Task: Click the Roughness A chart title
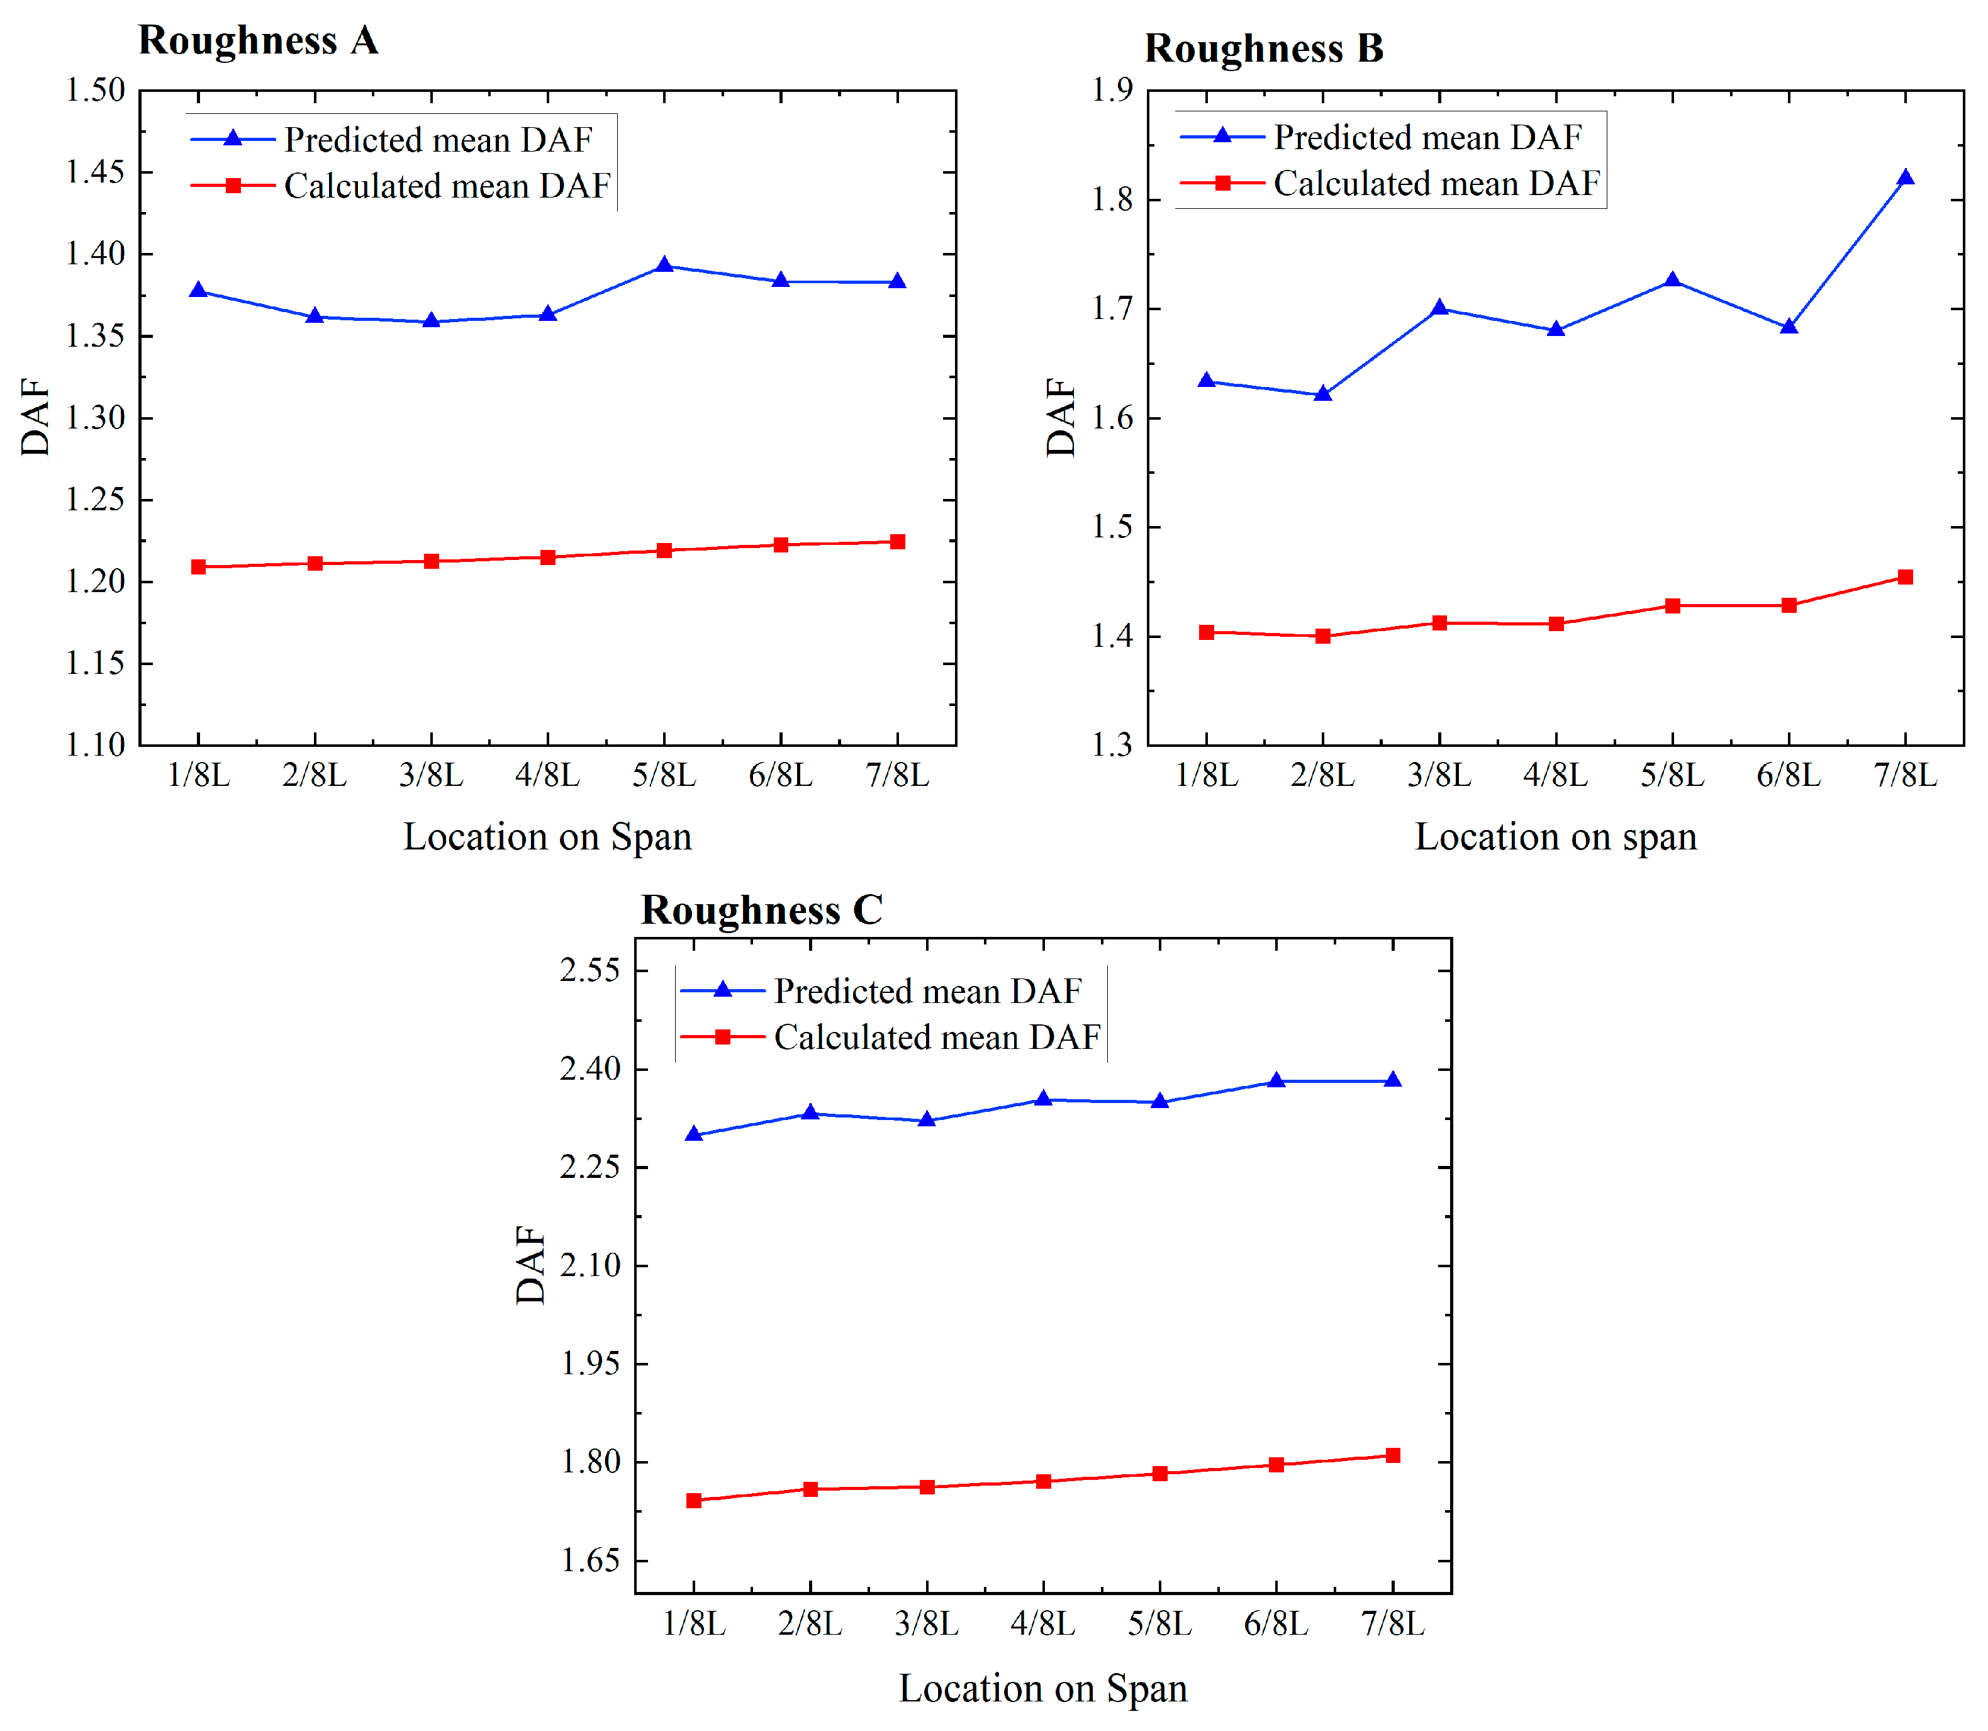tap(258, 40)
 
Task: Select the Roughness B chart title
tap(1265, 48)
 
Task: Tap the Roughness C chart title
tap(761, 910)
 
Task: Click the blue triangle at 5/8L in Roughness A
tap(664, 265)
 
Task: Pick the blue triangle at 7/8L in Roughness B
tap(1905, 177)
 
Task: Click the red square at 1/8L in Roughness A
tap(199, 567)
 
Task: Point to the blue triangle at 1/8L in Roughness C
tap(693, 1134)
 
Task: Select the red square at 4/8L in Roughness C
tap(1043, 1481)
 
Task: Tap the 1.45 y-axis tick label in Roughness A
tap(96, 172)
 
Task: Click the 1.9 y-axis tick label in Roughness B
tap(1112, 90)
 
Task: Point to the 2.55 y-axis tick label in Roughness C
tap(590, 970)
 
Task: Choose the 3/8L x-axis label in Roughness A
tap(432, 775)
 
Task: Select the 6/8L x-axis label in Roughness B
tap(1789, 775)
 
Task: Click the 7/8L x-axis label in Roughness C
tap(1393, 1624)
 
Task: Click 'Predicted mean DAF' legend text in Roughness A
tap(438, 140)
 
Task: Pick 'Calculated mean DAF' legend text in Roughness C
tap(937, 1038)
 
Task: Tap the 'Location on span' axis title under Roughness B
tap(1555, 836)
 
